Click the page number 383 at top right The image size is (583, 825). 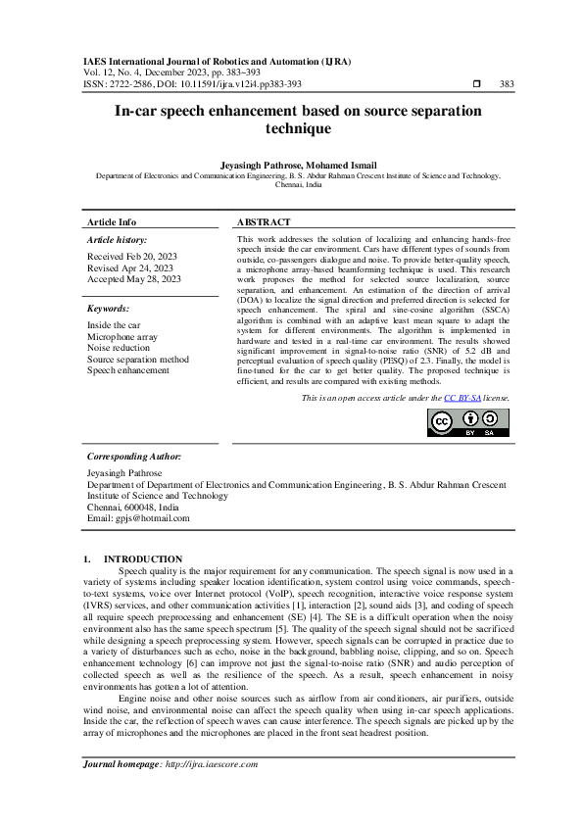tap(507, 84)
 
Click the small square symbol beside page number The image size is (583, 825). tap(476, 84)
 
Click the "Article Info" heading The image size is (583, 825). tap(112, 222)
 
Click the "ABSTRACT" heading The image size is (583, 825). tap(264, 222)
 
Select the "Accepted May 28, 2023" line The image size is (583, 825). tap(133, 279)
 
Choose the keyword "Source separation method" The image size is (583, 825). tap(138, 359)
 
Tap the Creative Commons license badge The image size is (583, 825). tap(467, 422)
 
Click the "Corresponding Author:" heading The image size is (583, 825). tap(133, 457)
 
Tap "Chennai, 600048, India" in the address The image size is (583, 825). tap(133, 508)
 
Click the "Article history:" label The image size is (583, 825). tap(118, 239)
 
